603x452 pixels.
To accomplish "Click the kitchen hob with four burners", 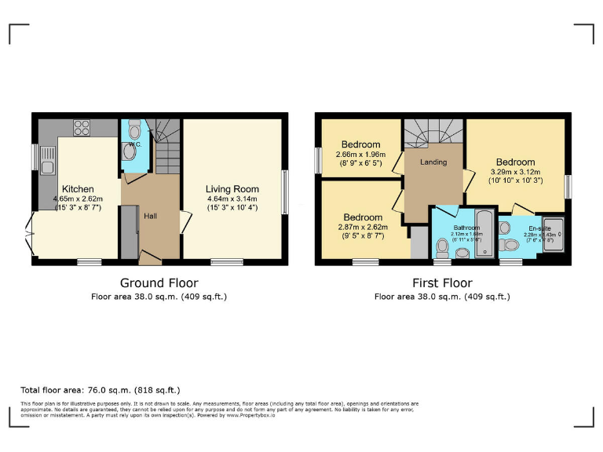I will pos(82,127).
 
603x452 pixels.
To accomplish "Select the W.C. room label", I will pos(135,144).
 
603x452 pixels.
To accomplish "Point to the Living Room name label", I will pos(232,189).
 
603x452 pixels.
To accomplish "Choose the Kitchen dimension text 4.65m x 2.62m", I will pos(79,199).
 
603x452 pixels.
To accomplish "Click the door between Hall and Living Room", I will pos(184,222).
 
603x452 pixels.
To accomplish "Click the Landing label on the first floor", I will pos(433,162).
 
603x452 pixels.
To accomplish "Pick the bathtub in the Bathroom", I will pos(484,232).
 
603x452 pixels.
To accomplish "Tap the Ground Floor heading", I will pos(159,282).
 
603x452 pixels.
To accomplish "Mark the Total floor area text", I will pos(100,390).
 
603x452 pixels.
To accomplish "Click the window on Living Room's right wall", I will pos(283,188).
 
